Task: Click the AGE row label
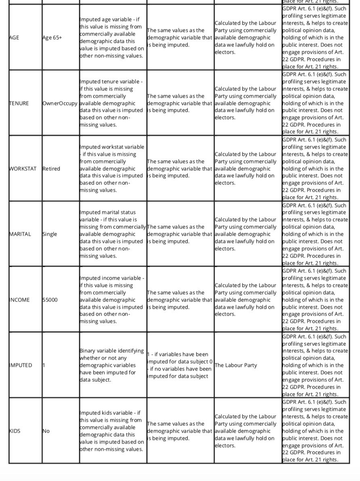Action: pyautogui.click(x=14, y=38)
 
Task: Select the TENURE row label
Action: pyautogui.click(x=19, y=103)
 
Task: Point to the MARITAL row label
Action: pyautogui.click(x=20, y=234)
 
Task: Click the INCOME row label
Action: pyautogui.click(x=19, y=300)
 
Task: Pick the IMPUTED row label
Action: pyautogui.click(x=21, y=365)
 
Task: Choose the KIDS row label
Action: pyautogui.click(x=15, y=431)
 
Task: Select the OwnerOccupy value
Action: pyautogui.click(x=60, y=103)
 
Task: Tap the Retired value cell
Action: pyautogui.click(x=51, y=169)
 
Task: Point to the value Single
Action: pyautogui.click(x=50, y=234)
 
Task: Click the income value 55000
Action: pyautogui.click(x=50, y=300)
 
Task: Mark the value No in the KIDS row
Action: pyautogui.click(x=46, y=431)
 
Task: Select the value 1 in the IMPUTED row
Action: pyautogui.click(x=44, y=365)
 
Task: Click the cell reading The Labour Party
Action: pyautogui.click(x=236, y=365)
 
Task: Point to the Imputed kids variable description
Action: pyautogui.click(x=112, y=431)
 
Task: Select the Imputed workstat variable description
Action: pyautogui.click(x=112, y=169)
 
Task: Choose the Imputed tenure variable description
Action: pyautogui.click(x=112, y=103)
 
